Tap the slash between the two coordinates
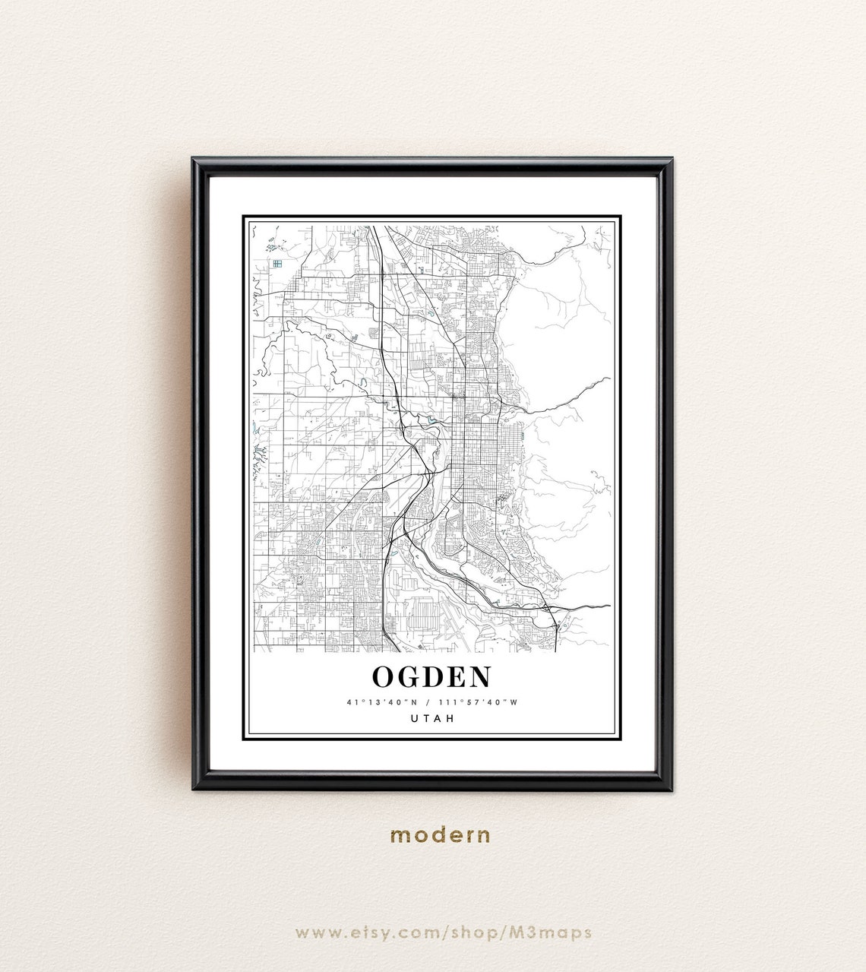pos(429,703)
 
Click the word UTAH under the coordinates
pos(432,718)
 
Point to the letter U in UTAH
pos(415,718)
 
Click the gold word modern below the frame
pos(441,835)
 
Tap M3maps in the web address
pos(558,932)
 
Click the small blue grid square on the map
pos(277,264)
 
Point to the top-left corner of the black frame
pos(194,160)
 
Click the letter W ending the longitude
pos(514,703)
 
